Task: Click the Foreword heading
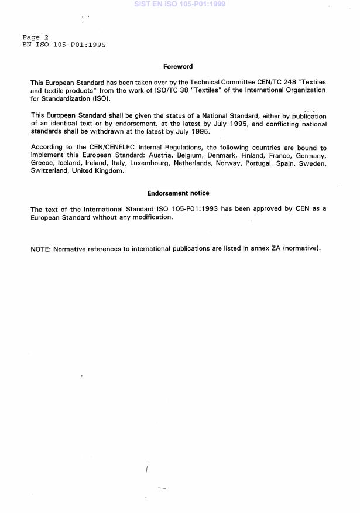[x=178, y=67]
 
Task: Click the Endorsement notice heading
[x=178, y=193]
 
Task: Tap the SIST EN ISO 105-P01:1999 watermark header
[x=180, y=4]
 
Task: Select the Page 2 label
[x=35, y=37]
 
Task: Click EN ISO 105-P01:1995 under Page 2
[x=64, y=45]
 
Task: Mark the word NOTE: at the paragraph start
[x=40, y=249]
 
